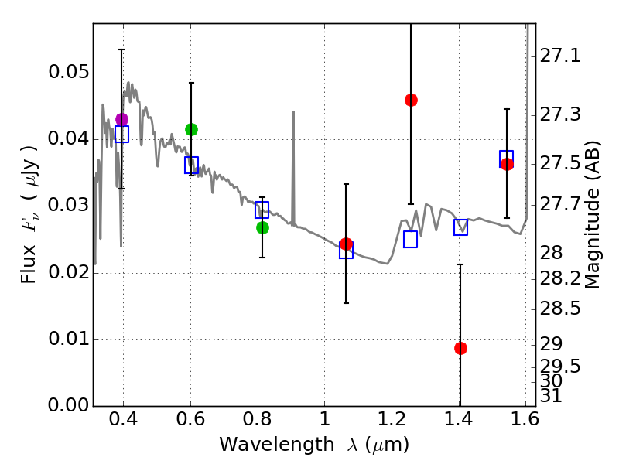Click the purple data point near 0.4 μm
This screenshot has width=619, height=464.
pyautogui.click(x=121, y=119)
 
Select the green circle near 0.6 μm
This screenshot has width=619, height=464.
pyautogui.click(x=191, y=129)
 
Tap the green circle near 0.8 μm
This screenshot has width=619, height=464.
pyautogui.click(x=262, y=227)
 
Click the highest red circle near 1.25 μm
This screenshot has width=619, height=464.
pyautogui.click(x=411, y=100)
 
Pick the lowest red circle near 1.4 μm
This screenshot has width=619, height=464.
pyautogui.click(x=460, y=348)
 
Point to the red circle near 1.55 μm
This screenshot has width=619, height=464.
pyautogui.click(x=507, y=164)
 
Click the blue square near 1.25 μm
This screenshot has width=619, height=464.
pyautogui.click(x=411, y=239)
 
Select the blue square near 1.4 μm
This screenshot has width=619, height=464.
pyautogui.click(x=460, y=227)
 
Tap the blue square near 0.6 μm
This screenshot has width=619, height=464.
pyautogui.click(x=191, y=165)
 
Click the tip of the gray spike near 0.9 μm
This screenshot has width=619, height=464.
pyautogui.click(x=293, y=112)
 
